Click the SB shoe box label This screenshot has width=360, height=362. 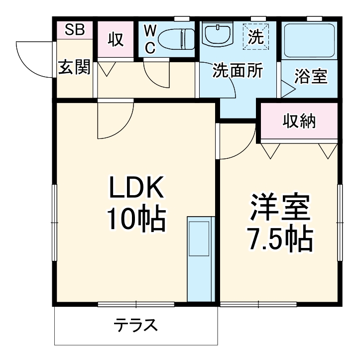point(75,29)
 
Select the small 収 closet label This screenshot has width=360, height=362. point(116,40)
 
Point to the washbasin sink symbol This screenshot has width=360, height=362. point(217,34)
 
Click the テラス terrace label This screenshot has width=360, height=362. point(135,326)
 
